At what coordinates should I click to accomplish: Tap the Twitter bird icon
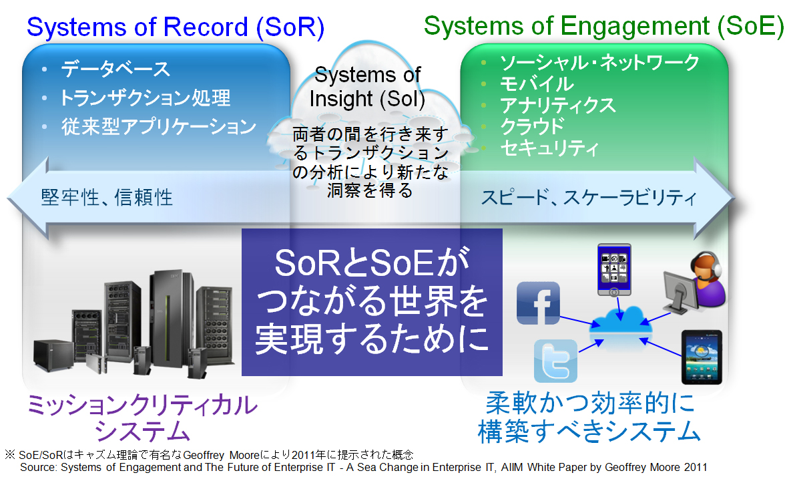555,360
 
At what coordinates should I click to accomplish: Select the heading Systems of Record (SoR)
175,27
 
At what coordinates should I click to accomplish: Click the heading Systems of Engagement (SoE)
603,26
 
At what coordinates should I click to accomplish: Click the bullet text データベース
115,69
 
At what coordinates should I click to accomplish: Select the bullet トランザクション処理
145,98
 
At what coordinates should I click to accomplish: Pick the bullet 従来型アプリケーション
158,126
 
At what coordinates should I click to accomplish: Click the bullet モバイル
537,84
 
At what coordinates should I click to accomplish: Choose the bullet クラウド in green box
532,126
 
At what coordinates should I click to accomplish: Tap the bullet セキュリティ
549,148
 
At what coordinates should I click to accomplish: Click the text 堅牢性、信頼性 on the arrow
107,197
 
